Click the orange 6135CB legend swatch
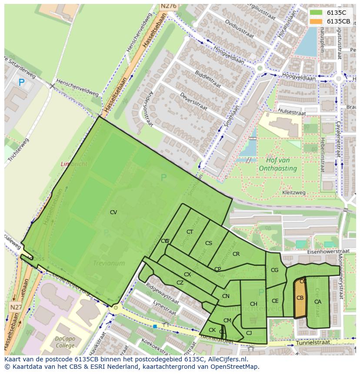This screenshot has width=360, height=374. point(316,21)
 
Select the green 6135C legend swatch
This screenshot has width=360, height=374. point(316,13)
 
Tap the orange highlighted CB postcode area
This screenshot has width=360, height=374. point(300,298)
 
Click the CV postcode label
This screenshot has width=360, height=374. point(113,212)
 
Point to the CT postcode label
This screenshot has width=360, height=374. point(190,232)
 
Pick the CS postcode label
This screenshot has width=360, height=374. point(209,243)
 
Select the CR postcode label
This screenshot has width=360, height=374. point(236,254)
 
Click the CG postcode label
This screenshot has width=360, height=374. point(274,270)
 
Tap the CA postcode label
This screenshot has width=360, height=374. point(318,302)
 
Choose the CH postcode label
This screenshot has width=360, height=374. point(253,304)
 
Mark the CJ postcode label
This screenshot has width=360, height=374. point(249,333)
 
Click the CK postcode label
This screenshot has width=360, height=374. point(212,330)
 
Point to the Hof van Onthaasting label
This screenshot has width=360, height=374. point(278,164)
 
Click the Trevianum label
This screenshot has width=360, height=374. point(109,263)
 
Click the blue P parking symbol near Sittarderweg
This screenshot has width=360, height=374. point(21,82)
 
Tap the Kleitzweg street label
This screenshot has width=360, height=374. point(294,192)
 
